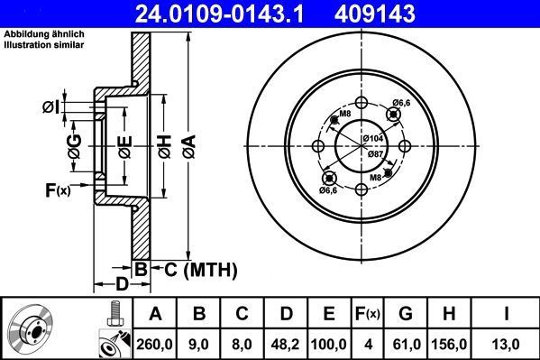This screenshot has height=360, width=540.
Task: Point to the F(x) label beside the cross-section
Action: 57,189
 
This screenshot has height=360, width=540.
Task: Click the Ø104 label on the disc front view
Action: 374,137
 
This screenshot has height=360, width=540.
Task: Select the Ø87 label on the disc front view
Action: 374,154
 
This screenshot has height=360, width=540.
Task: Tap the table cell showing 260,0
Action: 154,343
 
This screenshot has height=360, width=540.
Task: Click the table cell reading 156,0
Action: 448,343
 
